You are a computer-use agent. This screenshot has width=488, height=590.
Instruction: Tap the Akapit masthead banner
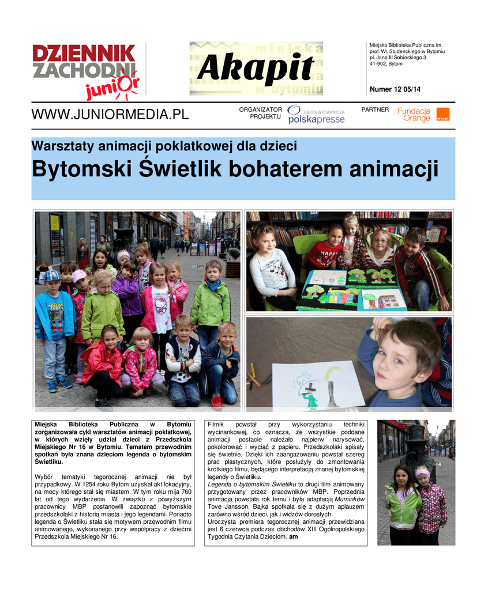point(256,68)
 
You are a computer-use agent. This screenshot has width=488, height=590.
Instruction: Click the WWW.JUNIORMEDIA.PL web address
point(110,114)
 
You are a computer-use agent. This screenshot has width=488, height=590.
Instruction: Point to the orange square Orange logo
point(442,114)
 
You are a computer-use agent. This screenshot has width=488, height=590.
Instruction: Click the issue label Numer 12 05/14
point(395,89)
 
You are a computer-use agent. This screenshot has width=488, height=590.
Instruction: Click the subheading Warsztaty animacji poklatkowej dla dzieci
point(164,146)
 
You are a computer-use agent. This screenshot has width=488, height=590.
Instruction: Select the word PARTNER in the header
point(375,109)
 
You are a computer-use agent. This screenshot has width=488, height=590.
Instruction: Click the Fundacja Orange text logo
point(414,114)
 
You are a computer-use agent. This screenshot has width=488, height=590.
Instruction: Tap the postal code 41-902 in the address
point(378,64)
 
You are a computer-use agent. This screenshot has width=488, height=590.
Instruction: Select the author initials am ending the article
point(293,537)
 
